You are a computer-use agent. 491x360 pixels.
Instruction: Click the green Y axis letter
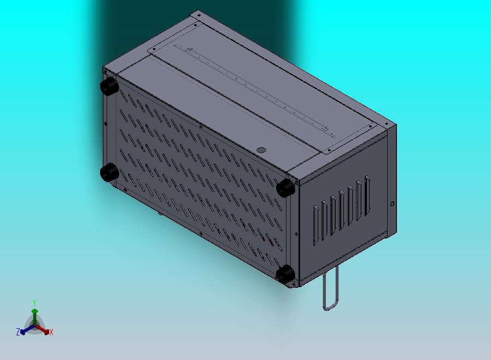34,303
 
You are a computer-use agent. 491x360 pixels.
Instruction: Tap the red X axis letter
51,332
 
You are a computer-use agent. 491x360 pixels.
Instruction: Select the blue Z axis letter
18,332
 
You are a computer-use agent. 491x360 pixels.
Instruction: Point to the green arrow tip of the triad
34,311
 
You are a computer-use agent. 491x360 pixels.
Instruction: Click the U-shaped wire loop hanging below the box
324,292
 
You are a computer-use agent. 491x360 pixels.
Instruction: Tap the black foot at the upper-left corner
109,86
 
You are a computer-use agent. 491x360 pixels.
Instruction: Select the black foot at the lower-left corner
109,172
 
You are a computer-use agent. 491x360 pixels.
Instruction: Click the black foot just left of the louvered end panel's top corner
285,188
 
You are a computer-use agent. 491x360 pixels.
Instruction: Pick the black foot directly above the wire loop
285,274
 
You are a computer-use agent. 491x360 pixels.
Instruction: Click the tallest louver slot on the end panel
367,196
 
